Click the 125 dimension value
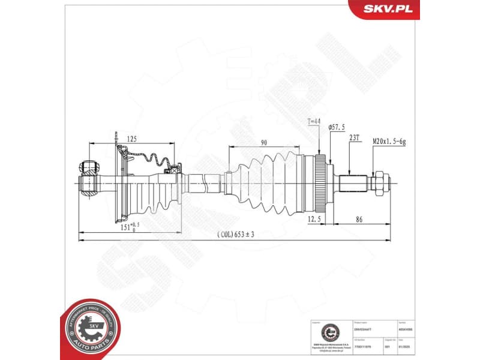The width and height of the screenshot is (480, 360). coord(131,139)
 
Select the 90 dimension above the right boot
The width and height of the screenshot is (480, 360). coord(263,142)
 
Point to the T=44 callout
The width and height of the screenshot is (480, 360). coord(314,122)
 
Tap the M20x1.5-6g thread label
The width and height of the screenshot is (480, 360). coord(389,141)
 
